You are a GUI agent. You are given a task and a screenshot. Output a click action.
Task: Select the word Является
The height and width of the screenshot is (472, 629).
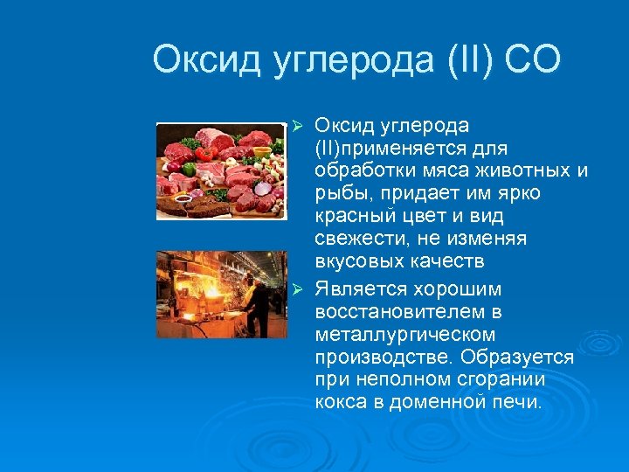click(358, 288)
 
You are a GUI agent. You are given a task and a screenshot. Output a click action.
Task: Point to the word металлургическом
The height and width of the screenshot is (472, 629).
click(405, 334)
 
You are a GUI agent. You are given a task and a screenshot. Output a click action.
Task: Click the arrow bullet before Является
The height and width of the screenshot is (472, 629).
click(298, 289)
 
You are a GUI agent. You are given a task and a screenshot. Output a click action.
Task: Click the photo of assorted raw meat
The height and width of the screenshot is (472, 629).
click(220, 170)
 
